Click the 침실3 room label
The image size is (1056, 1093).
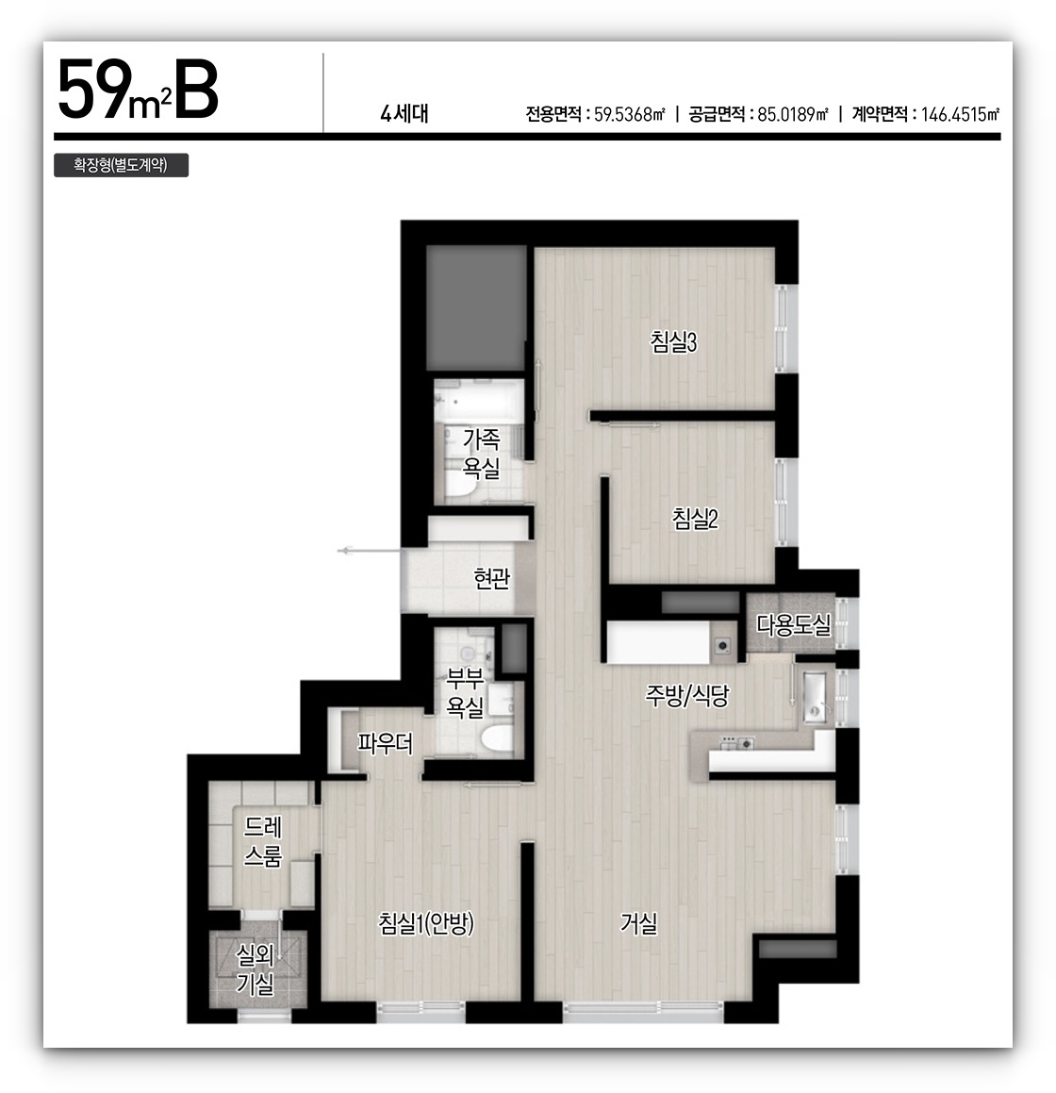coord(673,341)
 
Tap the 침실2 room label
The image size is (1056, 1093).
coord(695,519)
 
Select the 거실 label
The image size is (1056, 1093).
coord(638,923)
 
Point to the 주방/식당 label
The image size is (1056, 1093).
coord(686,695)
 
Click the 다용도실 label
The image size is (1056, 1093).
coord(793,625)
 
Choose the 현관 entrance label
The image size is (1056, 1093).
coord(491,578)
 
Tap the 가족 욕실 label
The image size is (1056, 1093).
coord(482,453)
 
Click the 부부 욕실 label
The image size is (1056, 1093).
coord(465,692)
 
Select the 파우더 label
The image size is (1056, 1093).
coord(386,744)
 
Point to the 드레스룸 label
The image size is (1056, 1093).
coord(263,841)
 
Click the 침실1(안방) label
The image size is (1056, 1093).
coord(426,923)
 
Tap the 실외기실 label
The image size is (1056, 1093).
coord(256,969)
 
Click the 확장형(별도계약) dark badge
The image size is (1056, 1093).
coord(122,165)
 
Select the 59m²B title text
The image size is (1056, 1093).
coord(138,91)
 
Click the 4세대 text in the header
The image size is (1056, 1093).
coord(404,113)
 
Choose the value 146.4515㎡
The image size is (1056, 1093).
coord(961,114)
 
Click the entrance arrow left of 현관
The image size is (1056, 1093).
coord(369,551)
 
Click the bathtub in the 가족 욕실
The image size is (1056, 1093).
coord(479,401)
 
